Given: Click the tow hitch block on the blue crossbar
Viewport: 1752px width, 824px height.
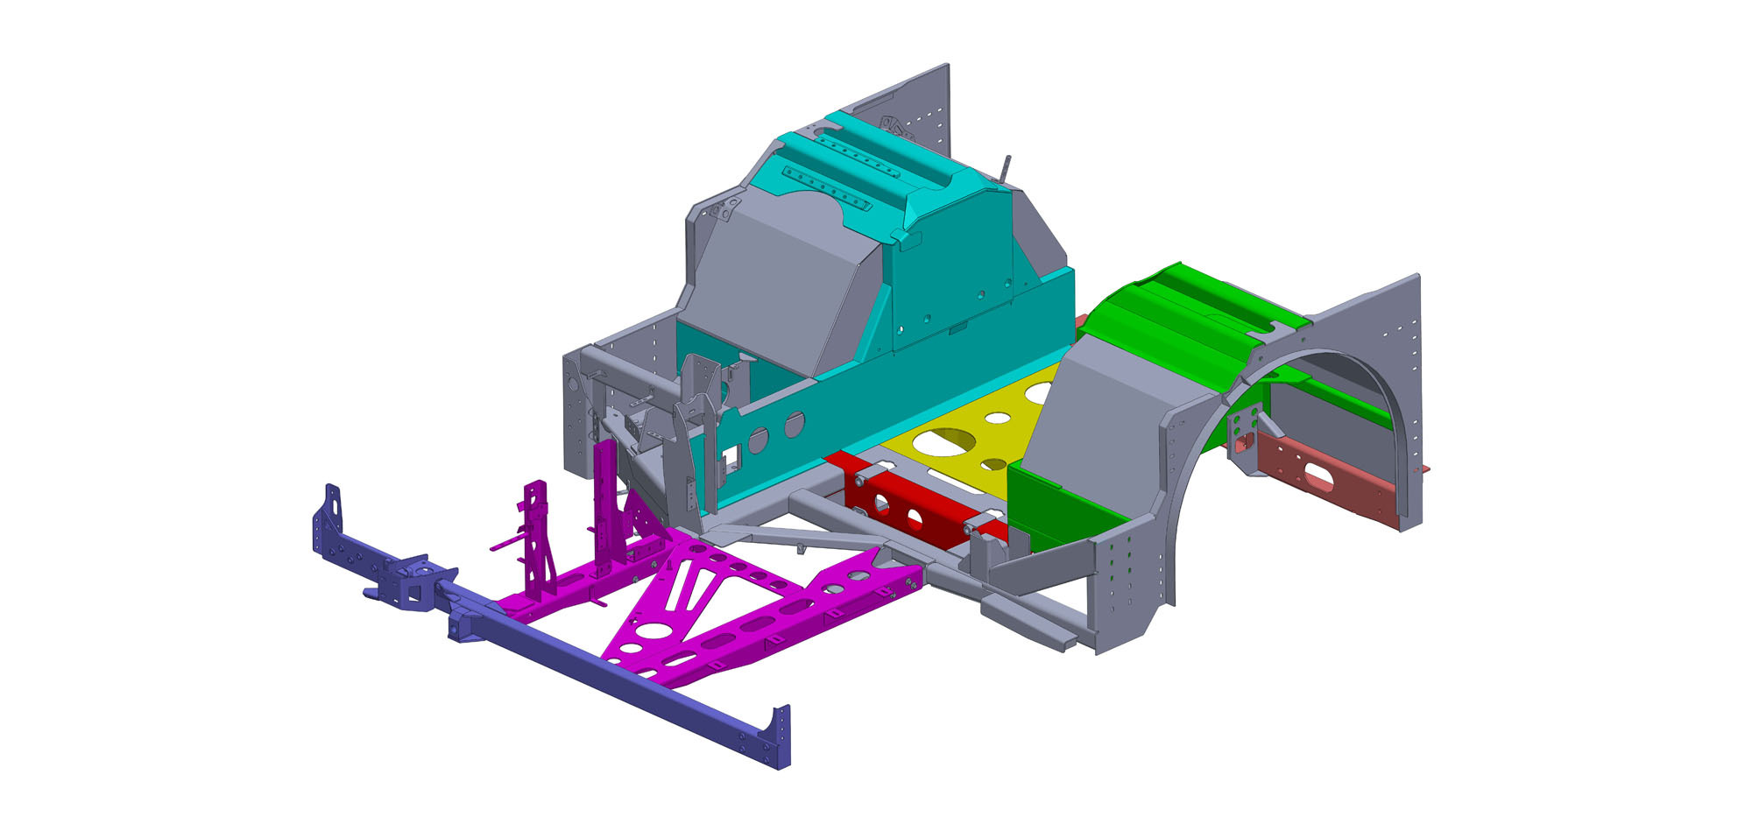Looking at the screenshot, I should [x=412, y=584].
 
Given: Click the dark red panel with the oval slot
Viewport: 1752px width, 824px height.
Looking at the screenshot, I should [x=1318, y=477].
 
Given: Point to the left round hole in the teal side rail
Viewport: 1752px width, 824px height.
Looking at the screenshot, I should [x=759, y=437].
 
